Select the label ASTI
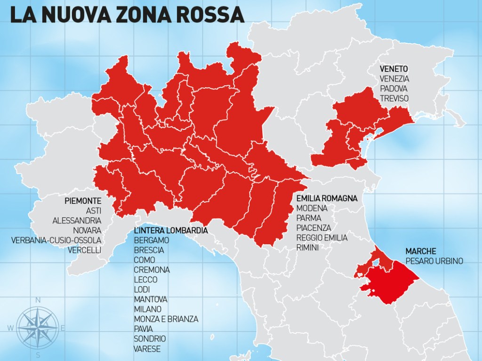pos(93,210)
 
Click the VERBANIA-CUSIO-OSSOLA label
pos(56,240)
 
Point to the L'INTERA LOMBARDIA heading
pos(170,230)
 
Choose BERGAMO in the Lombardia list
pos(151,240)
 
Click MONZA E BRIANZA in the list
pos(166,319)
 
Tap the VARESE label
pos(147,349)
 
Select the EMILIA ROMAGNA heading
pos(327,198)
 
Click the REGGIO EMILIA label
pos(321,238)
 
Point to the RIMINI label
pos(307,248)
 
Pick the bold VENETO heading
pos(394,69)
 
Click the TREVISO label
pos(394,98)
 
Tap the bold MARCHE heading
pos(421,251)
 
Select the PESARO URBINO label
pos(434,261)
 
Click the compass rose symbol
pos(38,327)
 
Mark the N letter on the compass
pos(38,300)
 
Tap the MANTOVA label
pos(150,299)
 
